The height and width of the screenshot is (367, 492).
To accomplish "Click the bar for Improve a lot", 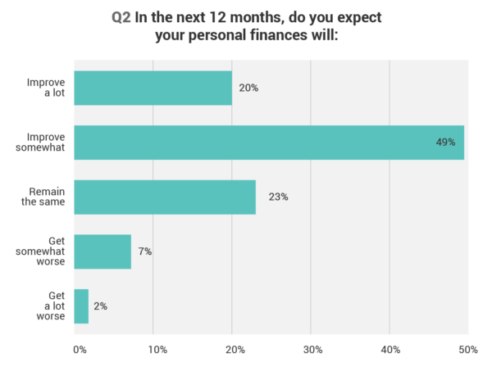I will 153,88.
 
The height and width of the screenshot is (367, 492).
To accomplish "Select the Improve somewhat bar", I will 269,143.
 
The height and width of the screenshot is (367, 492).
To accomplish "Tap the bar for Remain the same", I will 164,197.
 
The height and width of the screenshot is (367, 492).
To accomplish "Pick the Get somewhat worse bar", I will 102,251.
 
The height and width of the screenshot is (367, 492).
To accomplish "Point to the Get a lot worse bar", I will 80,306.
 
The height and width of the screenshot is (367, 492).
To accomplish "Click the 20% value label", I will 248,88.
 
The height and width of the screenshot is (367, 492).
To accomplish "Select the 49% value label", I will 445,143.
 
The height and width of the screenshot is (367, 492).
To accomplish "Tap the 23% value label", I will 278,197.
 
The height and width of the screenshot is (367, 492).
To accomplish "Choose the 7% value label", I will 144,251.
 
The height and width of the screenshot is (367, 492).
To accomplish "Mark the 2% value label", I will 100,306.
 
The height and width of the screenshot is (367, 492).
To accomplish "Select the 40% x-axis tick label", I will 390,350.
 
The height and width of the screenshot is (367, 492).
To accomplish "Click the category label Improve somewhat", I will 45,143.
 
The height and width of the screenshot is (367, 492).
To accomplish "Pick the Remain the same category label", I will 46,197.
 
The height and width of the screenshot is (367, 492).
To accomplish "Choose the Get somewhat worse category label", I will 45,251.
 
